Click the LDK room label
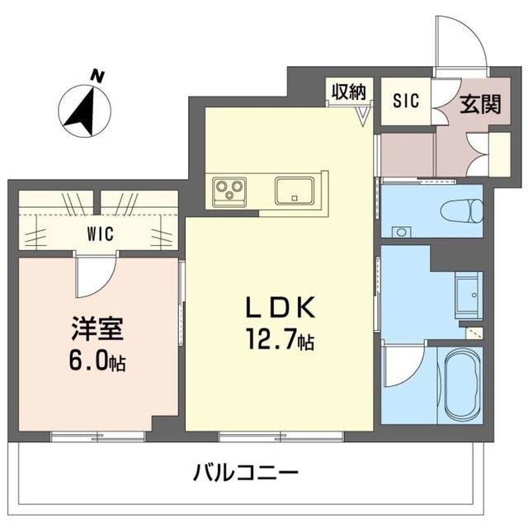(280, 307)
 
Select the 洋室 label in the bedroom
(97, 328)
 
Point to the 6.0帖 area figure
(97, 361)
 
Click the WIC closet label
(101, 233)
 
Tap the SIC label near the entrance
(406, 101)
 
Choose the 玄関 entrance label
(480, 104)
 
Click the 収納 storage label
(349, 92)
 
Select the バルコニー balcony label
(246, 473)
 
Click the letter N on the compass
(98, 77)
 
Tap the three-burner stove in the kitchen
(229, 191)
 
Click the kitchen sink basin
(295, 191)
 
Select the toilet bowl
(462, 211)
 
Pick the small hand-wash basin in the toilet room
(402, 232)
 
